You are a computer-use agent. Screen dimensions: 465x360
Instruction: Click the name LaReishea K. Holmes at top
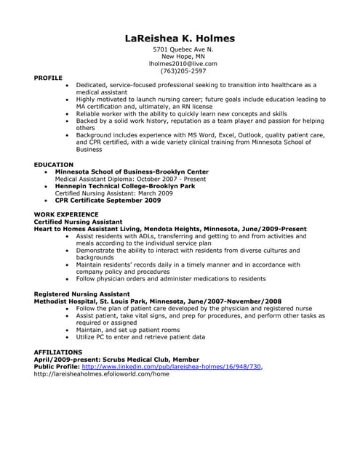(180, 39)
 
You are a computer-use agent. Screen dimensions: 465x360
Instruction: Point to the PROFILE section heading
(48, 77)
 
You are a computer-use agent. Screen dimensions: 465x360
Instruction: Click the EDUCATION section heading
(54, 165)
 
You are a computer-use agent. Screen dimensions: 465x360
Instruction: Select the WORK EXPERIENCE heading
(66, 214)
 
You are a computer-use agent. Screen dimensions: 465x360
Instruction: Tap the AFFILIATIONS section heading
(58, 352)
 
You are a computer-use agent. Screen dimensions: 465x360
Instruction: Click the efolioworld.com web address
(102, 373)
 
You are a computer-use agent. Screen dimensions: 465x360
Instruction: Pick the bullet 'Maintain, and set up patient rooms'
(128, 330)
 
